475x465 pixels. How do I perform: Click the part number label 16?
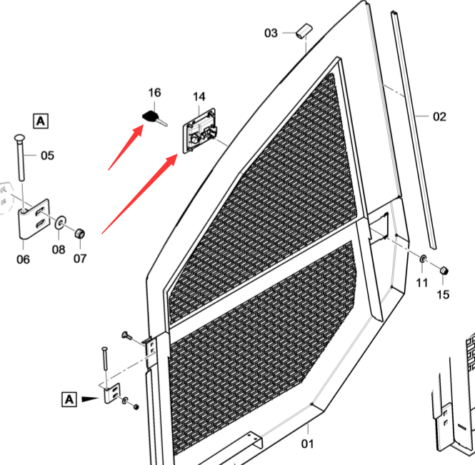pos(154,93)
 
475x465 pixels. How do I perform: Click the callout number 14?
pos(199,96)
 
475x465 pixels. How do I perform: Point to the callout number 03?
pos(271,33)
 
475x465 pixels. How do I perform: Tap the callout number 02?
pos(439,116)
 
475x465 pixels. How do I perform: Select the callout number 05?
pos(46,155)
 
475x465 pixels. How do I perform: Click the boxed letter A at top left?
pos(40,120)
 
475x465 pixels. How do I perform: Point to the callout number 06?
pos(24,259)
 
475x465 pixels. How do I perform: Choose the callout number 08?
pos(58,249)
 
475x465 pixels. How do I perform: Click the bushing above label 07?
pos(81,233)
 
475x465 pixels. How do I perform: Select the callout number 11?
pos(422,283)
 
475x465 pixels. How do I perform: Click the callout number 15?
pos(444,294)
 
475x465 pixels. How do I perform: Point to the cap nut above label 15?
pos(444,271)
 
